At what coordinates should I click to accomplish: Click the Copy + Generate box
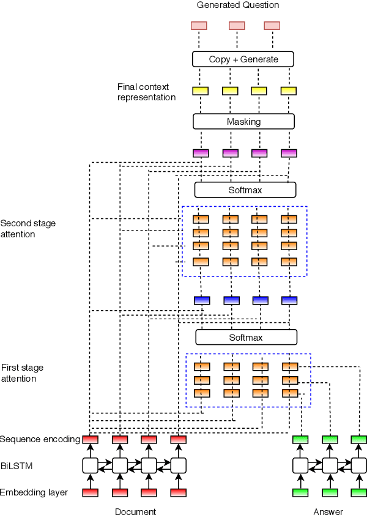[x=243, y=59]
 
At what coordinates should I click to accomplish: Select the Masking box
[x=243, y=121]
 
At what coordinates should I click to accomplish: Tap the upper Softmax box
[x=245, y=190]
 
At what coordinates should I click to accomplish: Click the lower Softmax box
[x=246, y=337]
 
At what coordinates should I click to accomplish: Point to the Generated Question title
[x=238, y=6]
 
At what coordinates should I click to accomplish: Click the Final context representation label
[x=146, y=92]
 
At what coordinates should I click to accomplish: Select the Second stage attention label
[x=28, y=229]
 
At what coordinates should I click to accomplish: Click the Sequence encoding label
[x=40, y=439]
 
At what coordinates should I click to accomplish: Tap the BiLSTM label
[x=17, y=465]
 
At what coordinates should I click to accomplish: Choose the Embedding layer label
[x=34, y=492]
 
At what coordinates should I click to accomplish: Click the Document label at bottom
[x=135, y=511]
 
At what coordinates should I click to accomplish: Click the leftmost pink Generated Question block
[x=199, y=26]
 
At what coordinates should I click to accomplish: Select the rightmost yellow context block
[x=288, y=91]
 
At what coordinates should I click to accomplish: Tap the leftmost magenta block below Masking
[x=201, y=153]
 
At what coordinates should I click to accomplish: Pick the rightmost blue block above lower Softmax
[x=289, y=300]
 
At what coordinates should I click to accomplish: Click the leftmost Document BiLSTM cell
[x=91, y=465]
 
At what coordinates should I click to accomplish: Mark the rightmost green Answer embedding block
[x=359, y=492]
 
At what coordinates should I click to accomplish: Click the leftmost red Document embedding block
[x=91, y=492]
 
